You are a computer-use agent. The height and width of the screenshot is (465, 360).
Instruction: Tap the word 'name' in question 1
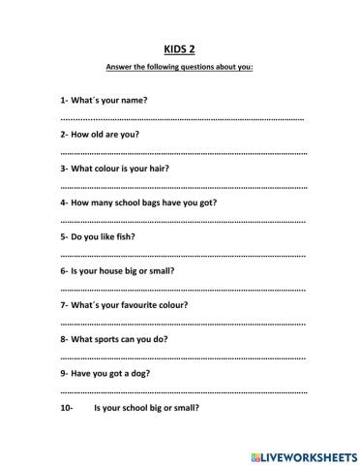(135, 100)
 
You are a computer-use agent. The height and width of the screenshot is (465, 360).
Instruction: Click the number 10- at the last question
(66, 408)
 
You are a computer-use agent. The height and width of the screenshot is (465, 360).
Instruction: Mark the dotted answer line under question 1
(182, 118)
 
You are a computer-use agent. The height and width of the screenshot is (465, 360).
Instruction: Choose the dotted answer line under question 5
(182, 255)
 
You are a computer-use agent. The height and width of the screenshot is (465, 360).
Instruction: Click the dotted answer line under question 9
(182, 391)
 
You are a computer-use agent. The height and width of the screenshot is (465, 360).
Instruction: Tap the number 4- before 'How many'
(64, 203)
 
